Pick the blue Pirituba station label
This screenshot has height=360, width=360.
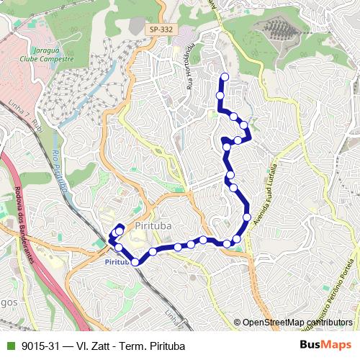click(x=117, y=263)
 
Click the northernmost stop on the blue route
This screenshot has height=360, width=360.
click(x=225, y=76)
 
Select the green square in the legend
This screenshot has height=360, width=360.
click(x=9, y=346)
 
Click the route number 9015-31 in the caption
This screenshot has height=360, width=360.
click(x=40, y=346)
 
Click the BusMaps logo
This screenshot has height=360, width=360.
click(x=325, y=345)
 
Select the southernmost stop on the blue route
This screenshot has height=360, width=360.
click(x=135, y=262)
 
